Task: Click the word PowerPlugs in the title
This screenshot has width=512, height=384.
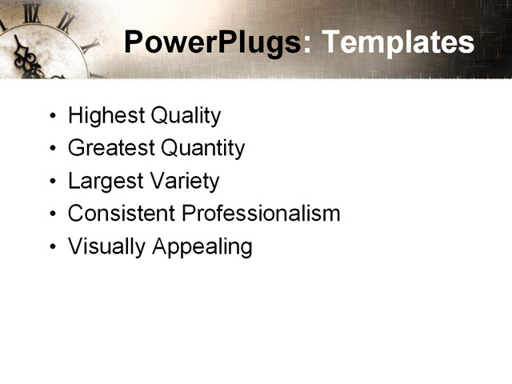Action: tap(213, 42)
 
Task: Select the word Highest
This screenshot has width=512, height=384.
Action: tap(98, 116)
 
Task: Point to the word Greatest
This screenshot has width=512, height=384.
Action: tap(111, 148)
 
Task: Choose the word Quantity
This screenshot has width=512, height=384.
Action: tap(203, 149)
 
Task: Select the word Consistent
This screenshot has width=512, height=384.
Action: tap(122, 214)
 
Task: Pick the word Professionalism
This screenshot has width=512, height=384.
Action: tap(261, 214)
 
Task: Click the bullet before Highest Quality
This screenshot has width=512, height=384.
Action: tap(53, 117)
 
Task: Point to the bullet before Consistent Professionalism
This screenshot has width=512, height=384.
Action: tap(53, 214)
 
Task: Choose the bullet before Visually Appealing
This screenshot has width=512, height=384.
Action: tap(53, 247)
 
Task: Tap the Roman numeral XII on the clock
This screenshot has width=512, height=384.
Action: tap(32, 11)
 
